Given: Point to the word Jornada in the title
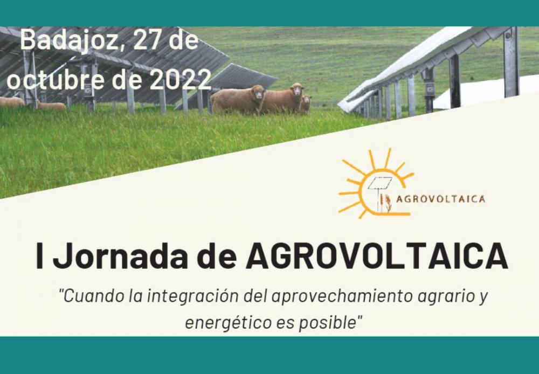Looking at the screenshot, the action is (120, 257).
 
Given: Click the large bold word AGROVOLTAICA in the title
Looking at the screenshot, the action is (376, 257).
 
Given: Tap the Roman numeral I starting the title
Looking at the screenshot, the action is (40, 256).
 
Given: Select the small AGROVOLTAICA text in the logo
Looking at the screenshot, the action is (441, 199).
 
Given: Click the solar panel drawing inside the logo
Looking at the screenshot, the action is (380, 183).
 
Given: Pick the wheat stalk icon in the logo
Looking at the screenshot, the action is (388, 203).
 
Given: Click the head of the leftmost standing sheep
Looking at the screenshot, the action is (257, 93).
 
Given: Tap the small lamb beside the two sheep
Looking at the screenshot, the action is (305, 104).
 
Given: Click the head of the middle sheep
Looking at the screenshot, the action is (296, 89).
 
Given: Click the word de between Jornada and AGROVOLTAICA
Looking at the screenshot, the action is (217, 257).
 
